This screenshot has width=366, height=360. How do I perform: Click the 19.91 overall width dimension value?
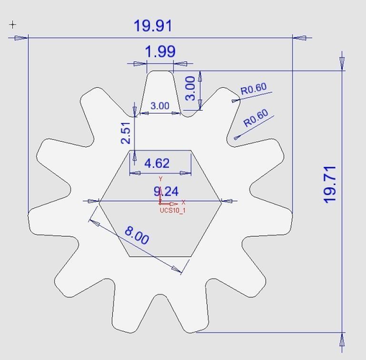coord(152,26)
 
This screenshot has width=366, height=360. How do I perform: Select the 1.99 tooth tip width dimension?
coord(160,52)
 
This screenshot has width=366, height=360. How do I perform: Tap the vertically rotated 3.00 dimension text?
coord(191,87)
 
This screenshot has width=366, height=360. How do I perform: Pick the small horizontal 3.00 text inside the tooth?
coord(160,106)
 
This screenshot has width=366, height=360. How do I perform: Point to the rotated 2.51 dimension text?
coord(126,132)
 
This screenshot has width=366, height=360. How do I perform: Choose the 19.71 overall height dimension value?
coord(330,185)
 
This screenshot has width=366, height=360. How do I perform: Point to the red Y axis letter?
coord(161,178)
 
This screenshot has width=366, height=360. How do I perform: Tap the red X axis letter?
coord(183,202)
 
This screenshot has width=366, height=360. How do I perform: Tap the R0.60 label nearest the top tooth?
coord(253,90)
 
